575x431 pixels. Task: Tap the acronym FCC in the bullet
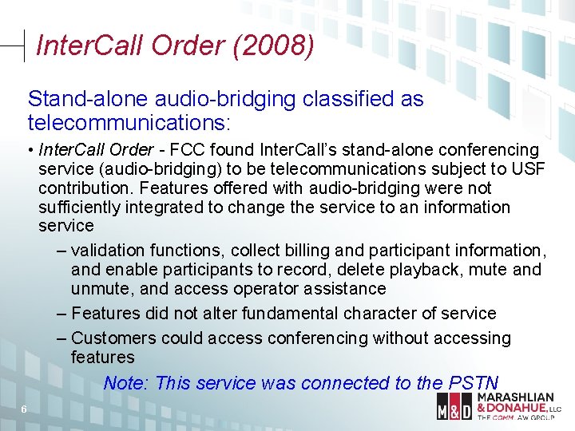click(x=182, y=150)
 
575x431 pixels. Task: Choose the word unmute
click(x=101, y=289)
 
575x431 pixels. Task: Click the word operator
click(x=264, y=289)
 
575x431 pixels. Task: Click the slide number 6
click(x=24, y=409)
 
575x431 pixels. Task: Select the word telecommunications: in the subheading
click(x=129, y=124)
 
